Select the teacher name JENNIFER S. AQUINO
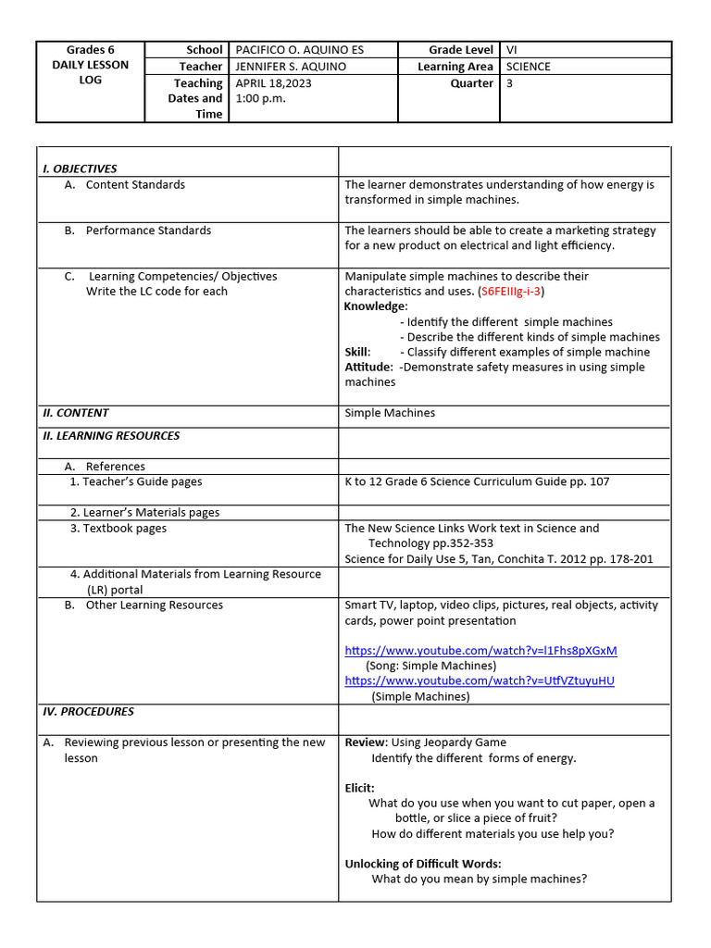click(x=293, y=67)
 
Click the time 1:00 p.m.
click(x=259, y=98)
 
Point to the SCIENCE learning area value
click(x=528, y=67)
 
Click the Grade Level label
click(x=461, y=50)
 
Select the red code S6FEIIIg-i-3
click(x=511, y=292)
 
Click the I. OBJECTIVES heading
click(x=81, y=168)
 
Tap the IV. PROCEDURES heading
click(x=89, y=712)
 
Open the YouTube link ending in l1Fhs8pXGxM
click(x=480, y=651)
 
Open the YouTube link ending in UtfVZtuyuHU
click(x=479, y=680)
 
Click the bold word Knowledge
click(x=375, y=306)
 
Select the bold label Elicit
click(x=359, y=788)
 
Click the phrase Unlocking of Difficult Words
click(x=423, y=864)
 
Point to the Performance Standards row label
click(x=148, y=231)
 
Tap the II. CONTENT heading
click(x=76, y=413)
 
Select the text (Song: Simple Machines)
click(x=430, y=666)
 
